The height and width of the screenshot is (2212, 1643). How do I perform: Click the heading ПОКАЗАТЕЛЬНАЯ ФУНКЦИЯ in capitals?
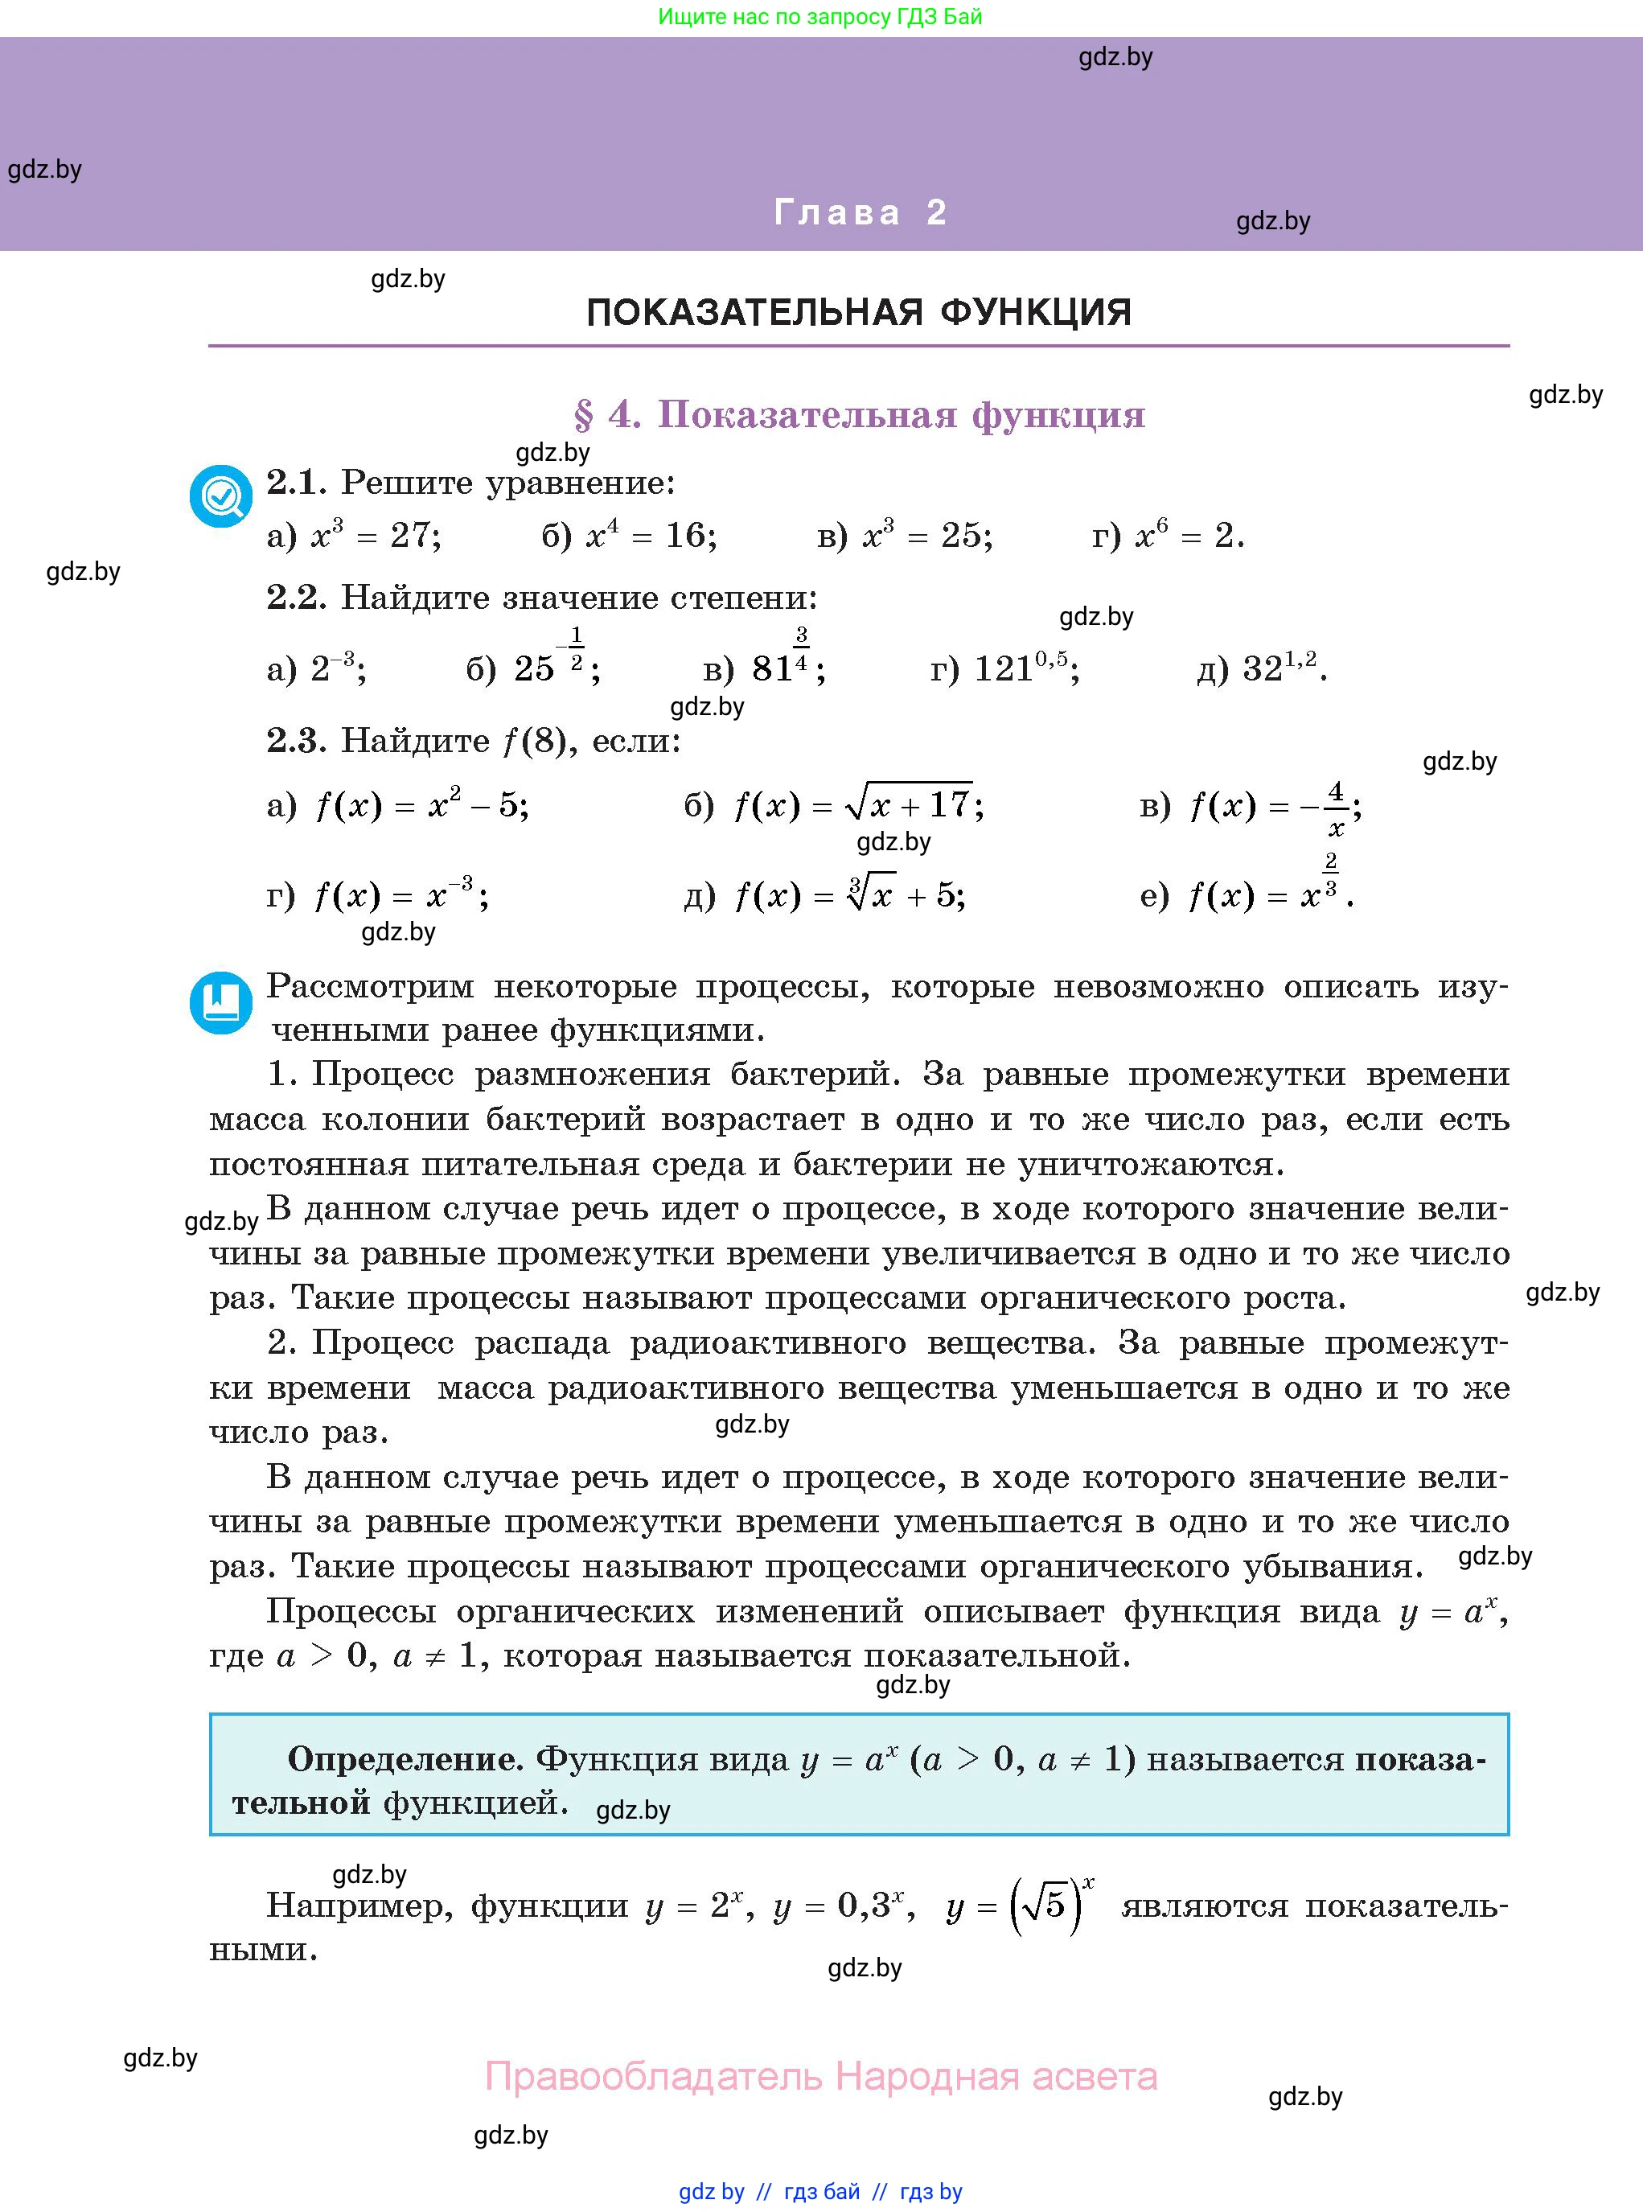859,312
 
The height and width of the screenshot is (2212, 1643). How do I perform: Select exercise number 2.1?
295,483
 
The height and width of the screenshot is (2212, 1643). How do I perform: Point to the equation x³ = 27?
375,536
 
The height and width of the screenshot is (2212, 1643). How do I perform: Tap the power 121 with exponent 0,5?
1025,668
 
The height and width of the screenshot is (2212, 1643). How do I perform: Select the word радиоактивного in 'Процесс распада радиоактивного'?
768,1342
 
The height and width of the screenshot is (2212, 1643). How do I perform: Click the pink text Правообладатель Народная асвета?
820,2077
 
